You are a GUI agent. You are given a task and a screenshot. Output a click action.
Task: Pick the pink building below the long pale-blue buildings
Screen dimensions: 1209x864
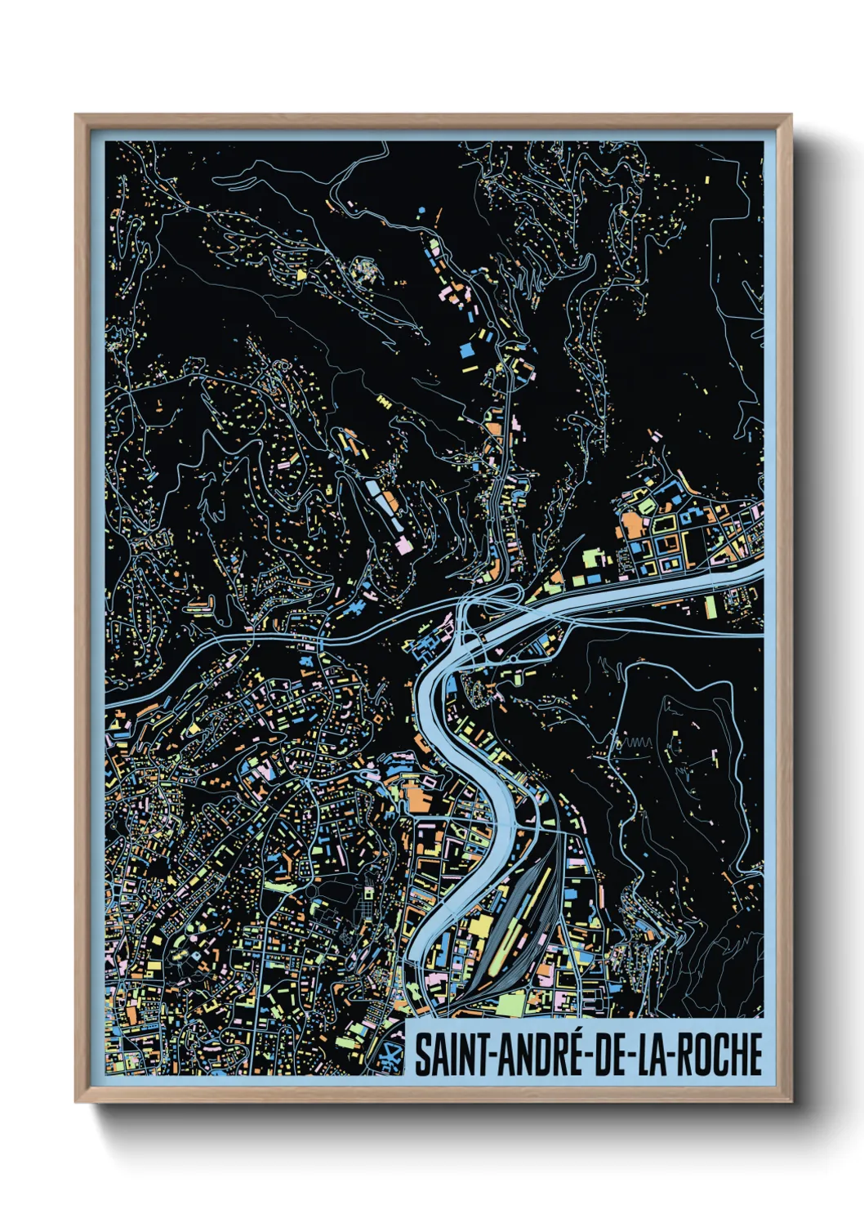403,545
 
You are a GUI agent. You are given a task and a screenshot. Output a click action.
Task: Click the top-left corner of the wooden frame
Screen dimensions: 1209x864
76,115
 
